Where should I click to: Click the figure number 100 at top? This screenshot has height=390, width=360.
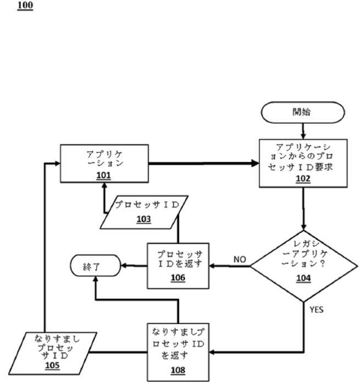(25, 6)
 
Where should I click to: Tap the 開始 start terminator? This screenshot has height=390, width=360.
(303, 112)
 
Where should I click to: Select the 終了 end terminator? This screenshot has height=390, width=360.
(95, 265)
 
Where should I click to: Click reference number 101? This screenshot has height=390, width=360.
(103, 175)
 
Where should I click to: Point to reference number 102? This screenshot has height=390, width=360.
(303, 179)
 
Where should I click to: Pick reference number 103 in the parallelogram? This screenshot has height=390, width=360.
(144, 219)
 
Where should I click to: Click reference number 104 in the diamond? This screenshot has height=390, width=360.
(303, 278)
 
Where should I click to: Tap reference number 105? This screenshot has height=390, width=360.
(52, 365)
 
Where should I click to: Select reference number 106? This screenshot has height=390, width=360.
(178, 278)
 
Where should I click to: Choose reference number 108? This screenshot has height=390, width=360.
(178, 370)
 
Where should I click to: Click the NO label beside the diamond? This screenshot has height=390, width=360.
(240, 260)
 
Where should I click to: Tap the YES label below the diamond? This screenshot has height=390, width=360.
(317, 310)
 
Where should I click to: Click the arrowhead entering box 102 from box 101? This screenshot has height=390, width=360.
(255, 163)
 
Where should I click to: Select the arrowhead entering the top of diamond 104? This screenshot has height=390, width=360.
(303, 227)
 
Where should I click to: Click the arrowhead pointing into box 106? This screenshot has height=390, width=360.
(212, 266)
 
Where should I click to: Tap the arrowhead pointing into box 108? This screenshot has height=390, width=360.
(212, 352)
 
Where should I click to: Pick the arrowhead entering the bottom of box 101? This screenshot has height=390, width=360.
(105, 185)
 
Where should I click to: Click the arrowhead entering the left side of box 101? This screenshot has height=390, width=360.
(57, 163)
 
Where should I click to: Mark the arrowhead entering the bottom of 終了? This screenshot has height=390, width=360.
(95, 279)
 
